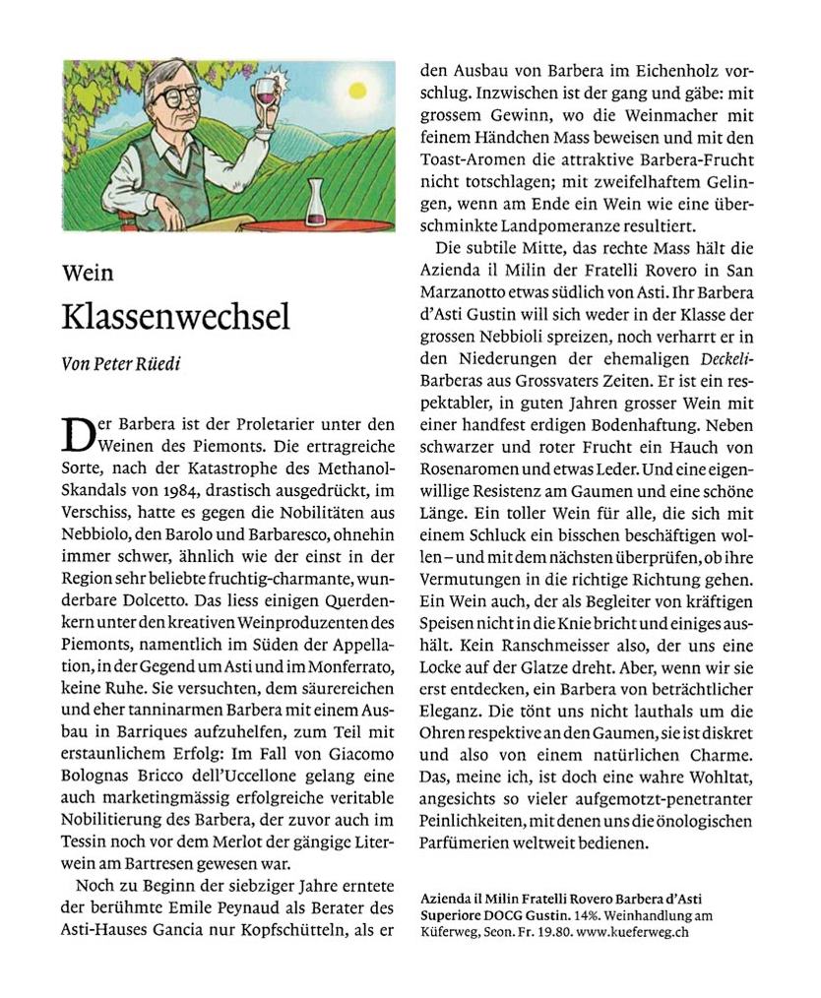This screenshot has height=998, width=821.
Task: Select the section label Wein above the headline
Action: pos(87,273)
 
